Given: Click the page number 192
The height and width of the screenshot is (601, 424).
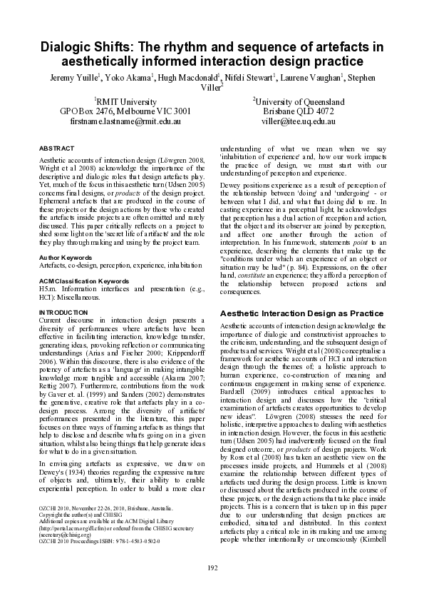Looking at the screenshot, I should (212, 567).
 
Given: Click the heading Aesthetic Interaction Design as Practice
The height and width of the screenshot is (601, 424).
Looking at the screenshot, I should (301, 313).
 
